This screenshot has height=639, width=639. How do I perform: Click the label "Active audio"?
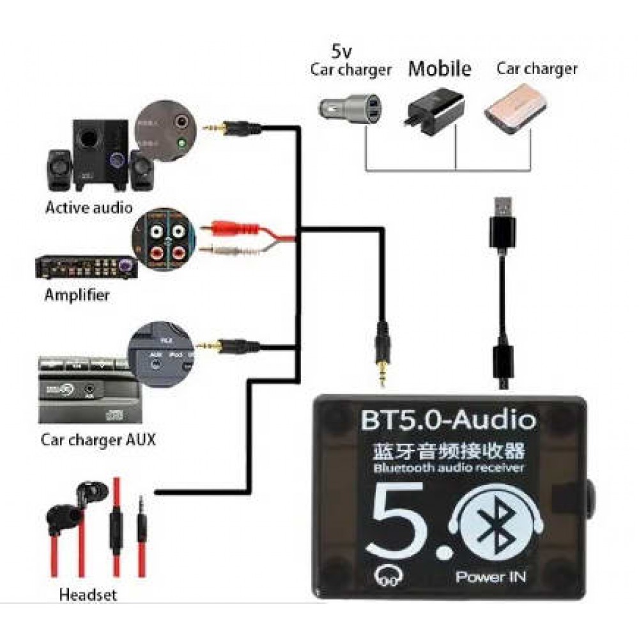pos(89,207)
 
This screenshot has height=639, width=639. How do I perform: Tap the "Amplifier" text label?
pos(77,295)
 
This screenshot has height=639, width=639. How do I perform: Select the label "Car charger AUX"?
pos(98,440)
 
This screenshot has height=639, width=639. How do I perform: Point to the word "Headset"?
pos(88,595)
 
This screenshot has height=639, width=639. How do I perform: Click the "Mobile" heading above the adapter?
pos(440,68)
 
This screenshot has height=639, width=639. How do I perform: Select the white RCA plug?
pos(230,250)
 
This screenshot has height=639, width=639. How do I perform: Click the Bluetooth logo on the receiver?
pos(496,522)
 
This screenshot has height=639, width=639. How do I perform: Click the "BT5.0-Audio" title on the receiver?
pos(448,420)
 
